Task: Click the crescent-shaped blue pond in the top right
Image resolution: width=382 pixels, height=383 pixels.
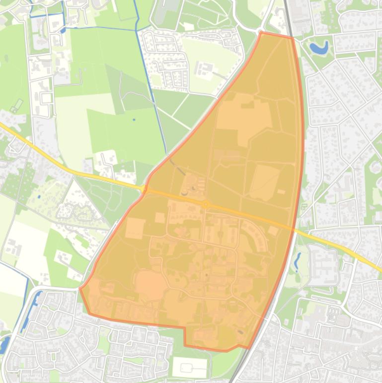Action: click(318, 48)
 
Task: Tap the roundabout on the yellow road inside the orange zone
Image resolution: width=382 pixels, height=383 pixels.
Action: click(205, 204)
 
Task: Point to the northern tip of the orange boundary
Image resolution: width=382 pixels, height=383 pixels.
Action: click(261, 33)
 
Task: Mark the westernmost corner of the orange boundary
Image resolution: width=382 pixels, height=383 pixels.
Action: click(80, 288)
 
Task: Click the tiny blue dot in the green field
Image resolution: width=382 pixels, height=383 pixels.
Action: click(134, 120)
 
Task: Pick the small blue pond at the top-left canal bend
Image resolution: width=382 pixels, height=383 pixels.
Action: click(62, 30)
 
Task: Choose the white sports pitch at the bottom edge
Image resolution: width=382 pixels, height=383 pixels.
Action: click(189, 368)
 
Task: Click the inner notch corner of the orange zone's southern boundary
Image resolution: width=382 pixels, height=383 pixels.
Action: click(185, 328)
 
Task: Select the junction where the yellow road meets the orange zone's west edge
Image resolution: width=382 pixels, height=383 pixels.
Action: click(144, 189)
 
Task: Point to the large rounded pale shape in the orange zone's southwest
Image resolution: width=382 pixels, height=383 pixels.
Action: click(149, 285)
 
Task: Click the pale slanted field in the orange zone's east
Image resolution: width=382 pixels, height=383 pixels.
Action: click(265, 182)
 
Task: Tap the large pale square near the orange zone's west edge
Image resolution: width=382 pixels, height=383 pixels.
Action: click(135, 228)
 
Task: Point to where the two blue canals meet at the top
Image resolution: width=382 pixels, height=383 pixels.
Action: click(137, 29)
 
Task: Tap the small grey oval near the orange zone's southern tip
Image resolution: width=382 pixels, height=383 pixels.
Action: click(240, 332)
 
